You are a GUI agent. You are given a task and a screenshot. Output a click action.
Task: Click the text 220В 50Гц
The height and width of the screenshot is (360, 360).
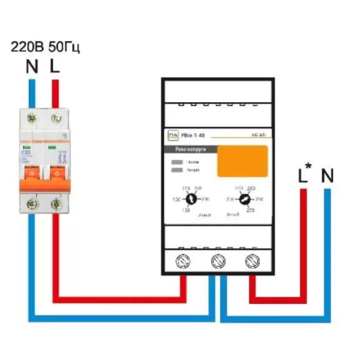pos(45,47)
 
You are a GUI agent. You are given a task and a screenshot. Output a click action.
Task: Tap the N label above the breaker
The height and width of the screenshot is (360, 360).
pos(32,67)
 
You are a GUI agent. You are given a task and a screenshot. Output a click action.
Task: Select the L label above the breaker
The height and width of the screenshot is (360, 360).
pos(54,67)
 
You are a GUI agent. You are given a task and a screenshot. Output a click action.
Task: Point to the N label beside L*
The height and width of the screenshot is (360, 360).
pos(327,176)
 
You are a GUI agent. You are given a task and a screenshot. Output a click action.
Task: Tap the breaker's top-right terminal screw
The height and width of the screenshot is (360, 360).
pos(55,118)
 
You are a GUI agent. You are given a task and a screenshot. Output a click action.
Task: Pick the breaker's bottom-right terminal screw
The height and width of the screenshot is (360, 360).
pos(55,204)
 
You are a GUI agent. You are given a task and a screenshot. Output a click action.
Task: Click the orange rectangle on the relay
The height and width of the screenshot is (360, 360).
pos(242,161)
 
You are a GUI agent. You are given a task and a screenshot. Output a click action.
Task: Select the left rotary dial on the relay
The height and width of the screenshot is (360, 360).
pos(192,199)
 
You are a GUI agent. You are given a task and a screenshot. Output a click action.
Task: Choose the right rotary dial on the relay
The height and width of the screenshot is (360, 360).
pos(244,199)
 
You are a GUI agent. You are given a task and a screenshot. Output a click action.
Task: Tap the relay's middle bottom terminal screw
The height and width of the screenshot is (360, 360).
pos(217,260)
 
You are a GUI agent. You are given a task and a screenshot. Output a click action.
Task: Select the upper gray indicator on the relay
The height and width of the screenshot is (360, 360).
pos(177,162)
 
